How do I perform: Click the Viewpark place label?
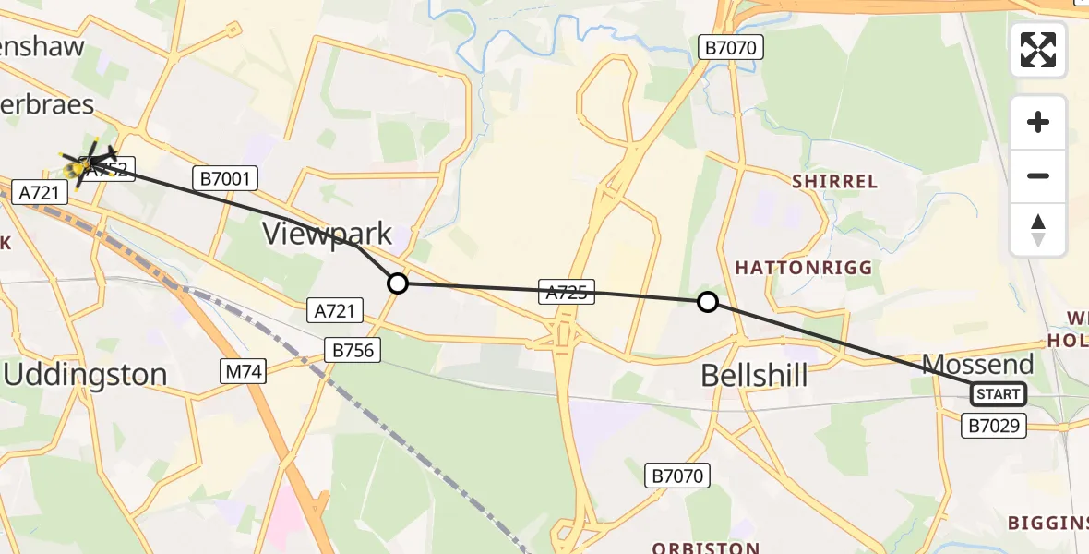click(x=328, y=233)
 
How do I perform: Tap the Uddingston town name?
click(x=86, y=375)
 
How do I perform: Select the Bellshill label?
click(x=754, y=375)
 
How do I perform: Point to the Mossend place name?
click(x=977, y=364)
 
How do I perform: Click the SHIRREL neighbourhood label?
click(x=834, y=181)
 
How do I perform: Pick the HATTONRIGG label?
click(x=803, y=267)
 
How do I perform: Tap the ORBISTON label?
click(x=705, y=547)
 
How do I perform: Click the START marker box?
click(x=998, y=395)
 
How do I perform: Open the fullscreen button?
click(x=1038, y=50)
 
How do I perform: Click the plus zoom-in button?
click(x=1038, y=122)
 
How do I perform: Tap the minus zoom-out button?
click(x=1038, y=175)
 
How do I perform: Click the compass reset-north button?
click(x=1038, y=230)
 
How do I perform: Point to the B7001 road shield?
click(x=224, y=178)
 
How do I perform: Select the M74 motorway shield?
click(x=244, y=372)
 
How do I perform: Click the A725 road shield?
click(x=566, y=293)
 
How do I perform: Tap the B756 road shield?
click(x=352, y=349)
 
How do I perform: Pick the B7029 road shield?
click(x=994, y=426)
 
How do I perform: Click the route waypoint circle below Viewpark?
click(x=397, y=283)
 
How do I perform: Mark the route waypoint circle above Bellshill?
click(x=707, y=301)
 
